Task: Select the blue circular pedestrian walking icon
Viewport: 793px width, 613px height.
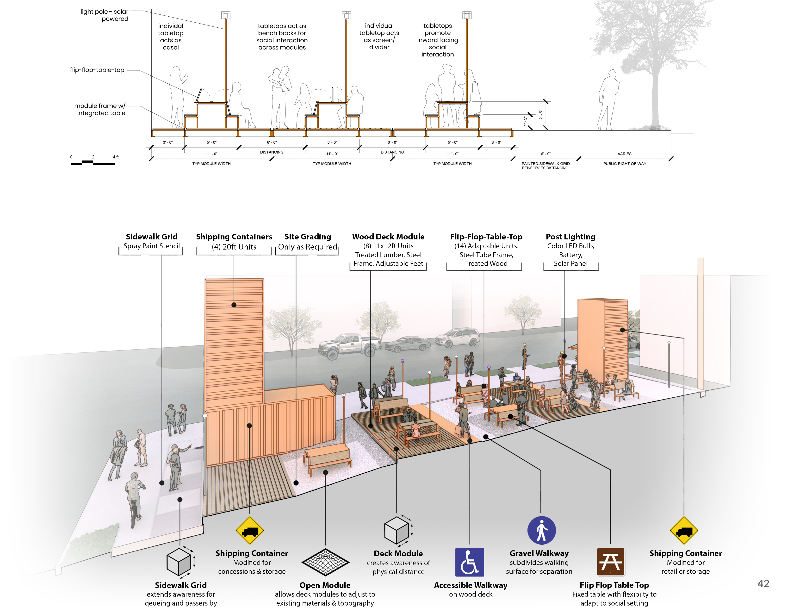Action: tap(541, 530)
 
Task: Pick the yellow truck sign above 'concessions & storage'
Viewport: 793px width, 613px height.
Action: tap(250, 531)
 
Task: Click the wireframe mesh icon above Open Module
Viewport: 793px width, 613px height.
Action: tap(325, 562)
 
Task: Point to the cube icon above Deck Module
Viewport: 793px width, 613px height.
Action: tap(397, 531)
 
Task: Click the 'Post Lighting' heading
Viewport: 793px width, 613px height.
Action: tap(570, 237)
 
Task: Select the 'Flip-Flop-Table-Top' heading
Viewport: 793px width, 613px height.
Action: tap(486, 237)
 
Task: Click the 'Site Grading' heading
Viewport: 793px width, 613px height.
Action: tap(308, 237)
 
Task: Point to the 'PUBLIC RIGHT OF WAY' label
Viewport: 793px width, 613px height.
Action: tap(625, 164)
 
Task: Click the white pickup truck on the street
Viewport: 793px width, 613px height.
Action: tap(349, 345)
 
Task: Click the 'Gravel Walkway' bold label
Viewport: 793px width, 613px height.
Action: tap(539, 553)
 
